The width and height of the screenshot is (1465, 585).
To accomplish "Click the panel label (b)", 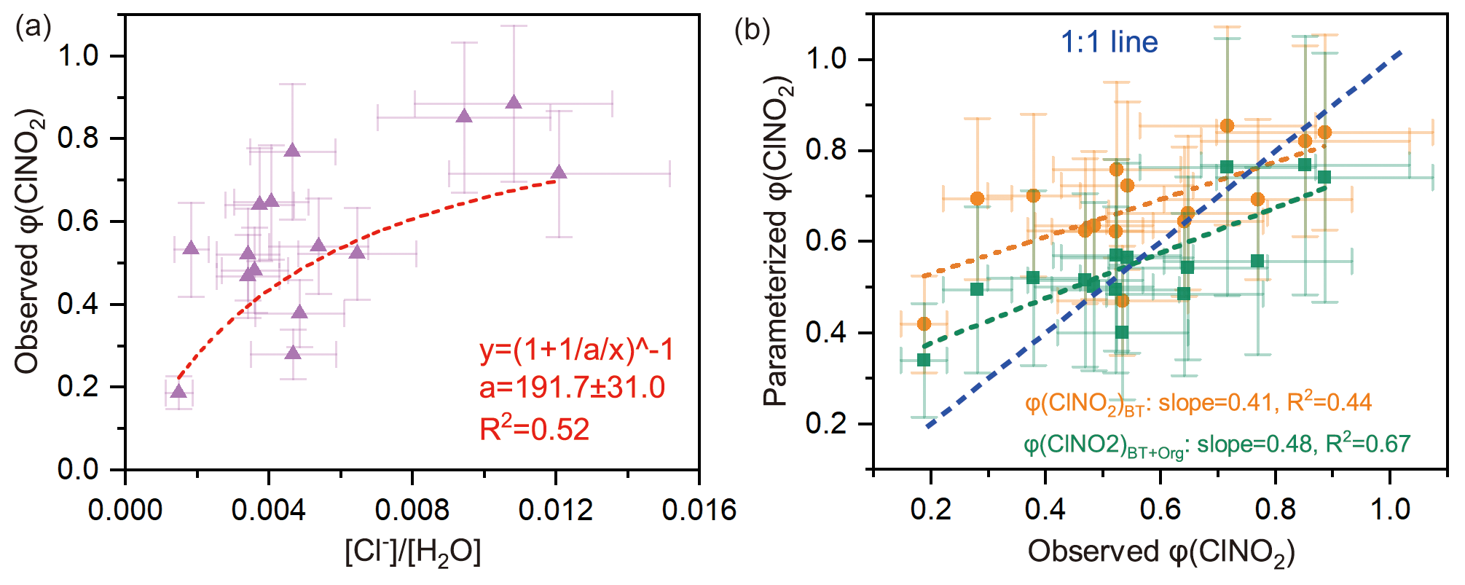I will [752, 30].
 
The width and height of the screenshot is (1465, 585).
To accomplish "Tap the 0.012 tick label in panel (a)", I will [555, 511].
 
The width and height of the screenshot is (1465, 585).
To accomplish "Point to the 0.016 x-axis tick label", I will [699, 511].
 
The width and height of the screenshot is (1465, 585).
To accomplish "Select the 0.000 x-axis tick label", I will [125, 511].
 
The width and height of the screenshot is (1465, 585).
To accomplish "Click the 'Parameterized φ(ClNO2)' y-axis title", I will [778, 240].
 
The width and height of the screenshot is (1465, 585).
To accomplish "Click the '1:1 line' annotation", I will [1109, 42].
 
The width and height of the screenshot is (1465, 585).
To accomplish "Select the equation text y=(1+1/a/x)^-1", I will [576, 350].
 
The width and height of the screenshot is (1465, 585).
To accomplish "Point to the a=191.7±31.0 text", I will [572, 388].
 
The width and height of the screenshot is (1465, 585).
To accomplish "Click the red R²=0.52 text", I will [534, 430].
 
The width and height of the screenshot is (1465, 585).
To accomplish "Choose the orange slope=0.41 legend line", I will [1198, 403].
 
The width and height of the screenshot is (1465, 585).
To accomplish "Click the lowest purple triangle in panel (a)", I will [178, 392].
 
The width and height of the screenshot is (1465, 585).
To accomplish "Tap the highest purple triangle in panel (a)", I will [514, 102].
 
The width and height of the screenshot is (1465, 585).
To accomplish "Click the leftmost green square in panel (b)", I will [924, 360].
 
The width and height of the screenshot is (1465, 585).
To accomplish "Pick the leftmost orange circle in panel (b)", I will [924, 323].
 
